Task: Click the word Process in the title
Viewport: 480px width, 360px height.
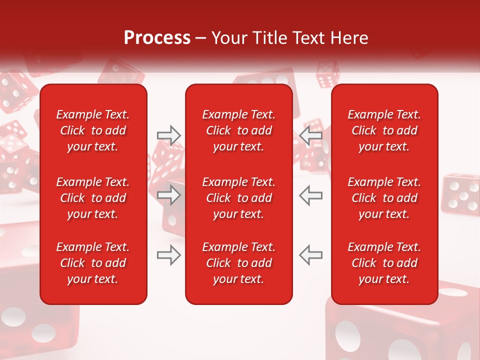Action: (x=157, y=38)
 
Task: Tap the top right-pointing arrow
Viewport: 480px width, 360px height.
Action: (x=169, y=135)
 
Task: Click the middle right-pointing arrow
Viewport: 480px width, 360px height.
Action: (x=169, y=195)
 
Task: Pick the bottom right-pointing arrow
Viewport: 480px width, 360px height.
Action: (x=169, y=255)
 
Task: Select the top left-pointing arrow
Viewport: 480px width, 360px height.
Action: (x=310, y=135)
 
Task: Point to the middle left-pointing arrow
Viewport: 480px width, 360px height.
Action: (x=310, y=195)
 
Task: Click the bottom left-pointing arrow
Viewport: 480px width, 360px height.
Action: (x=310, y=255)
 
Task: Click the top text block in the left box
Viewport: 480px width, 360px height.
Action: (x=93, y=130)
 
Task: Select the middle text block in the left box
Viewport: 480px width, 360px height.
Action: (x=93, y=198)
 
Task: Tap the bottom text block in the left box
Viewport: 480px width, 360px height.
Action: (x=93, y=263)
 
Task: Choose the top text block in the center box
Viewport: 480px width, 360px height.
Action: (x=239, y=130)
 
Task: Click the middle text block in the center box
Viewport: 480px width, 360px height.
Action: (x=239, y=198)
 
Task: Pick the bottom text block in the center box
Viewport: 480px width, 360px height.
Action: (x=239, y=263)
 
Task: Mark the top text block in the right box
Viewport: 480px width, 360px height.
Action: (x=384, y=130)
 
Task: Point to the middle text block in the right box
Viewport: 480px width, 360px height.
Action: (x=384, y=198)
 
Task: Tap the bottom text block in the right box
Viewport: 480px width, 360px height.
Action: (x=384, y=263)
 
